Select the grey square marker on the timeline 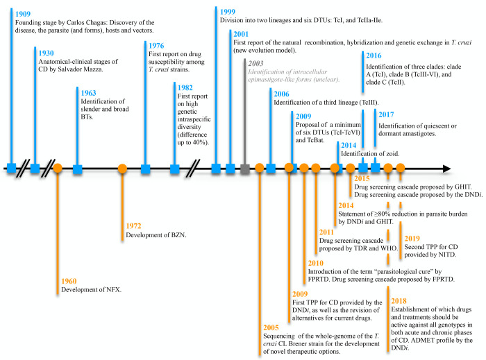click(x=245, y=167)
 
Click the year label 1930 click(x=48, y=53)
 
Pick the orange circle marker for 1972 click(x=122, y=167)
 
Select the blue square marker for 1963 click(x=78, y=167)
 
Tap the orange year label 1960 click(x=67, y=281)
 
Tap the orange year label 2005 click(x=275, y=327)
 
